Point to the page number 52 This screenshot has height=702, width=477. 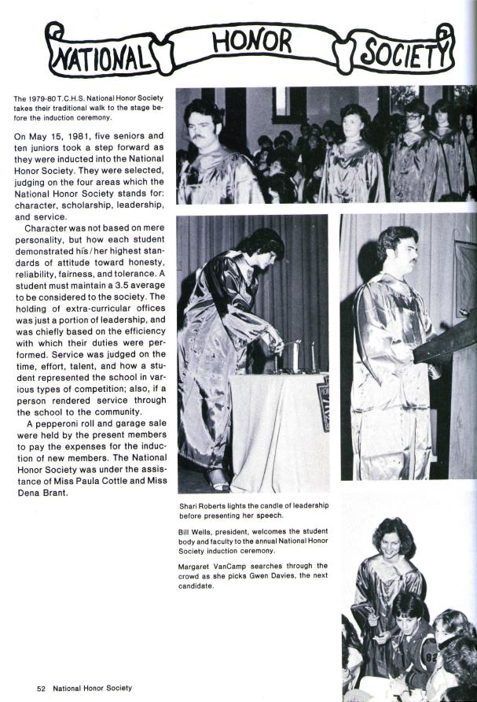[x=42, y=688]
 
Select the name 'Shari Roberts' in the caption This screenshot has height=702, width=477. [x=204, y=505]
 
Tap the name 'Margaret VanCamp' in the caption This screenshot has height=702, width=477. [x=213, y=566]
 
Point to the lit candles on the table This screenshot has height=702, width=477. [x=295, y=356]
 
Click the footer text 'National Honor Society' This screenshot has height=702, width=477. [x=93, y=688]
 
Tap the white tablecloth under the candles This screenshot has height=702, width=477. [x=279, y=425]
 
